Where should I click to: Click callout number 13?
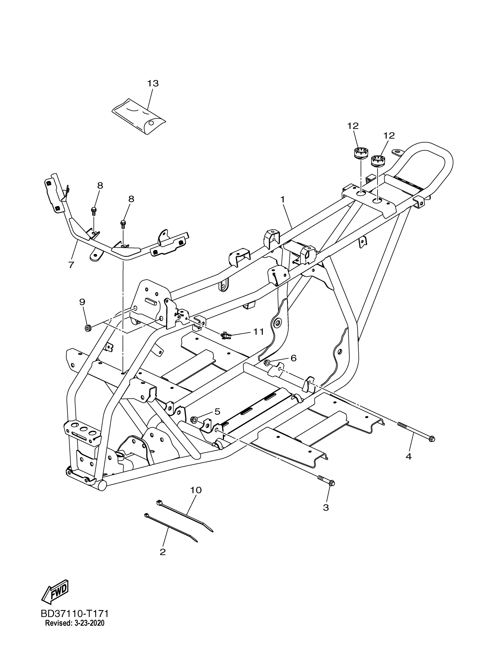click(153, 83)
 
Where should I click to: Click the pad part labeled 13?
click(139, 117)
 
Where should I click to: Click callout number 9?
click(82, 302)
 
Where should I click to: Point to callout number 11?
click(258, 332)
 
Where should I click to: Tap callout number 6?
click(293, 358)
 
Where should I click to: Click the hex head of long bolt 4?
click(432, 447)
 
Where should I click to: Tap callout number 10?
click(196, 490)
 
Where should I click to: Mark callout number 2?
click(163, 552)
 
